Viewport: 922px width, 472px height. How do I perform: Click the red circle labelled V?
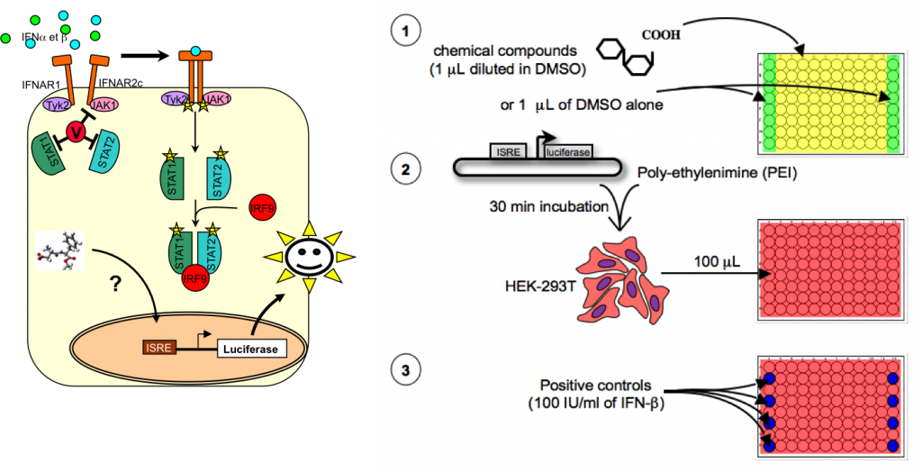(x=76, y=133)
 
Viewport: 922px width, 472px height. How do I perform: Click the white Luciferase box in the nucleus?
(x=251, y=347)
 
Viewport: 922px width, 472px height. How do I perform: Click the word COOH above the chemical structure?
(x=661, y=37)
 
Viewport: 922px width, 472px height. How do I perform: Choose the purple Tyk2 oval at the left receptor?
(x=56, y=105)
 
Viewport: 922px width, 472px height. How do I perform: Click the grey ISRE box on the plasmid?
(x=509, y=153)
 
